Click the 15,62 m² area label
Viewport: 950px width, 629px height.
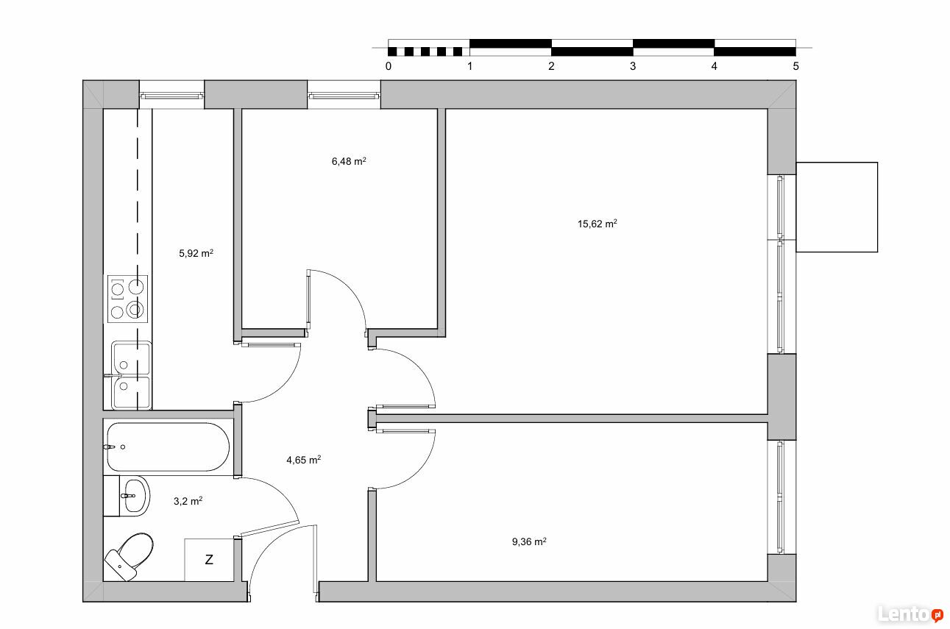(597, 224)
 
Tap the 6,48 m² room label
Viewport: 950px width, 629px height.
(349, 161)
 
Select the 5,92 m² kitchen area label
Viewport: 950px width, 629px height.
(196, 254)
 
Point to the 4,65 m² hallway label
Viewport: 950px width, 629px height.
(304, 460)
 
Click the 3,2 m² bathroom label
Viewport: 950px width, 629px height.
(188, 501)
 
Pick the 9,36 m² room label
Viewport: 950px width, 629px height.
(529, 541)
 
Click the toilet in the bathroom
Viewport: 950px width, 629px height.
(130, 556)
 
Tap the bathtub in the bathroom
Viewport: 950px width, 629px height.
(168, 447)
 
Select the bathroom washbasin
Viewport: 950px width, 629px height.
(134, 496)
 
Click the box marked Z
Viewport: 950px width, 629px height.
(209, 560)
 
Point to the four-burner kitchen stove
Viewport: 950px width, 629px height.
(127, 299)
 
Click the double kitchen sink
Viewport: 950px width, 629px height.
(132, 375)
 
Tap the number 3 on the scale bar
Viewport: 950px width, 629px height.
(633, 66)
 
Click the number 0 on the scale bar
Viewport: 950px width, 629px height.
(389, 66)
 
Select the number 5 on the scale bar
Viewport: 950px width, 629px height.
(795, 66)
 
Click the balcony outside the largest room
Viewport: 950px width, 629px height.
(837, 207)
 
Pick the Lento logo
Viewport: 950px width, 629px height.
(910, 614)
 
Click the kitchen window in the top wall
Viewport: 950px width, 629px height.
(171, 95)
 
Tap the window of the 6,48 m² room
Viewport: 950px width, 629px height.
(344, 95)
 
